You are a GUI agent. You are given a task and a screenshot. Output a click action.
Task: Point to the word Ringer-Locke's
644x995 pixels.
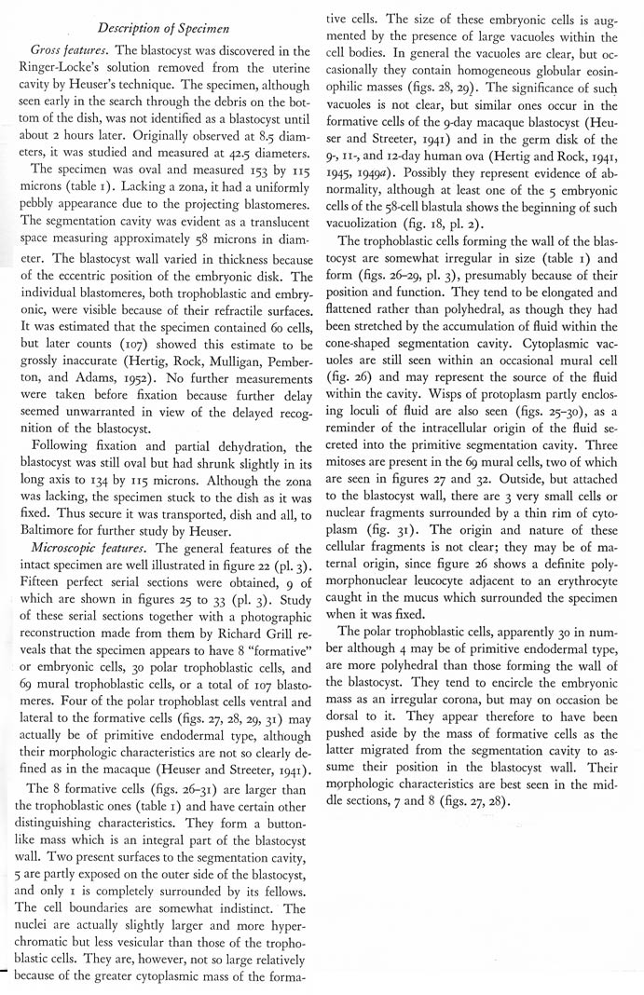69,67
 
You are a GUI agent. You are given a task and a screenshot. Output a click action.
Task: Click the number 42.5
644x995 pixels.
211,169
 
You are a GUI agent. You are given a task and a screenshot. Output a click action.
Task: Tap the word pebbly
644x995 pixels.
49,233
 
